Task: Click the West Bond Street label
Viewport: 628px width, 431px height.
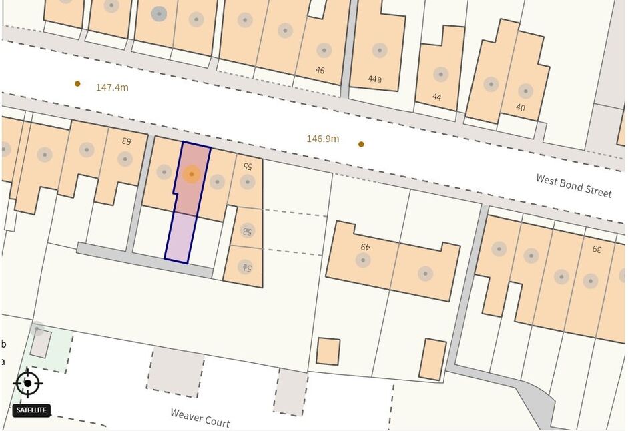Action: click(573, 185)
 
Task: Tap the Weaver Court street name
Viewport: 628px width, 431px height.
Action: click(200, 418)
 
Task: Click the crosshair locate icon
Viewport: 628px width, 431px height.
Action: click(27, 383)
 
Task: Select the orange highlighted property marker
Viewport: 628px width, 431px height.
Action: click(192, 175)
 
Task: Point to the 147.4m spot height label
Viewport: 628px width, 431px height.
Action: click(112, 87)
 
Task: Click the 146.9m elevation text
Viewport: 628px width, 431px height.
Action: click(323, 139)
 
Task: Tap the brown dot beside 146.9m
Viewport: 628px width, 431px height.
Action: click(361, 144)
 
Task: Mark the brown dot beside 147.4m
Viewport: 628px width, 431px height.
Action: click(77, 83)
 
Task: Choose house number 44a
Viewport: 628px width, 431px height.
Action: click(375, 79)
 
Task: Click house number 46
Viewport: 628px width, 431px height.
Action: click(320, 70)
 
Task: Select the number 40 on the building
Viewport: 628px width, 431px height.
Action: click(520, 107)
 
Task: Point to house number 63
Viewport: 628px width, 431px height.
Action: click(126, 141)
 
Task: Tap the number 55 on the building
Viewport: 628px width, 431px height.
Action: click(248, 165)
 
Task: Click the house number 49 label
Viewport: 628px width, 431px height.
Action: click(365, 246)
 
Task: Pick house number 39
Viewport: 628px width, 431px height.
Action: click(596, 249)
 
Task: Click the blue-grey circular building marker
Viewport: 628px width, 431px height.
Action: click(159, 13)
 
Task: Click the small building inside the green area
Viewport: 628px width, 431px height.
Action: click(39, 344)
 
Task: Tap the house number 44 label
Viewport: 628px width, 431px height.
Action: click(437, 97)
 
